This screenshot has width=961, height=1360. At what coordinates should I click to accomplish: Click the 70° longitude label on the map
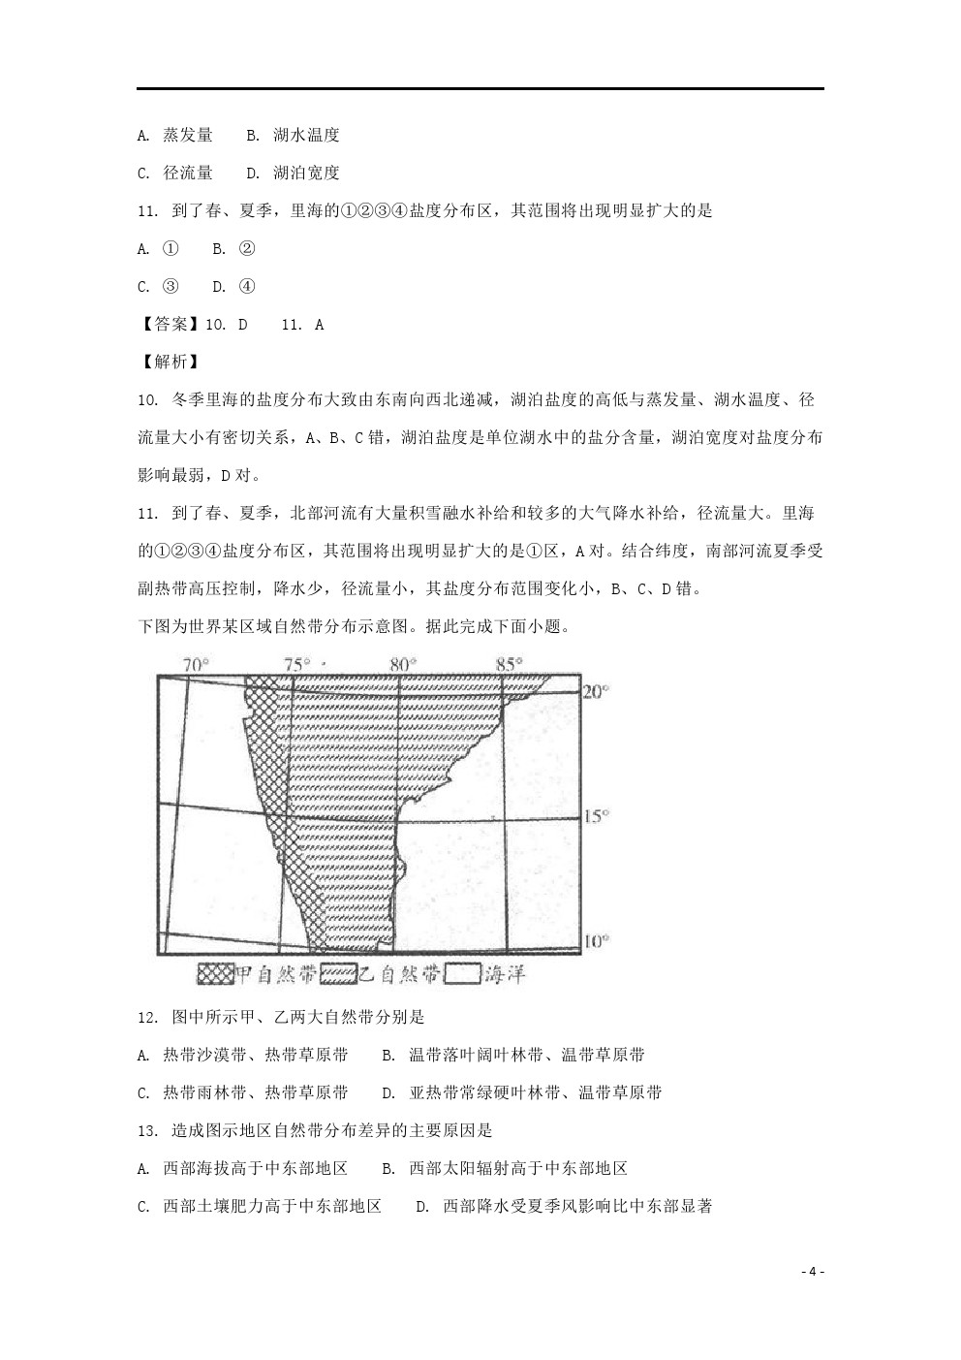point(196,664)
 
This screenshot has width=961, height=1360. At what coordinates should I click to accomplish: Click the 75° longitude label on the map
point(296,664)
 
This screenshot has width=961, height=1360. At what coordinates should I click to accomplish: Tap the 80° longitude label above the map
point(402,664)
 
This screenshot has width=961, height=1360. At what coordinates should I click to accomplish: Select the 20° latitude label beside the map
point(596,691)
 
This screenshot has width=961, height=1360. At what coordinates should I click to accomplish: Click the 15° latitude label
point(596,816)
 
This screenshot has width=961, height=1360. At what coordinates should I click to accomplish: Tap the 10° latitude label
point(596,940)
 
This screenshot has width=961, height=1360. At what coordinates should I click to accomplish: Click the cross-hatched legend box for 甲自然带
point(216,974)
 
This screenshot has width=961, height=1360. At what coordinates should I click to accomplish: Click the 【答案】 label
point(163,325)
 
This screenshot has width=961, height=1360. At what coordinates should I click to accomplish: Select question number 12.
point(147,1017)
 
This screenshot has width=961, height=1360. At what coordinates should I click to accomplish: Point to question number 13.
point(147,1130)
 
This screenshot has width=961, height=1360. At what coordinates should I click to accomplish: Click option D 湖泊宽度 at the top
point(293,174)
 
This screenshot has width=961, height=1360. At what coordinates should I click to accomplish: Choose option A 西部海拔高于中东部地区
point(242,1168)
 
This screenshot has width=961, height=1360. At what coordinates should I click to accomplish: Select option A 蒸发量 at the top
point(175,136)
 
